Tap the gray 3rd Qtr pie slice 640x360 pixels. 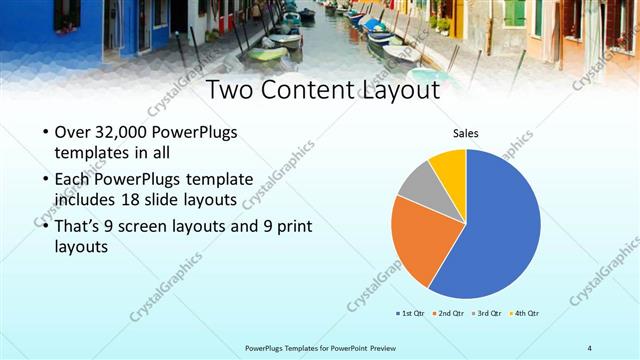click(418, 180)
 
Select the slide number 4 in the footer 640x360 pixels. click(590, 348)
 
